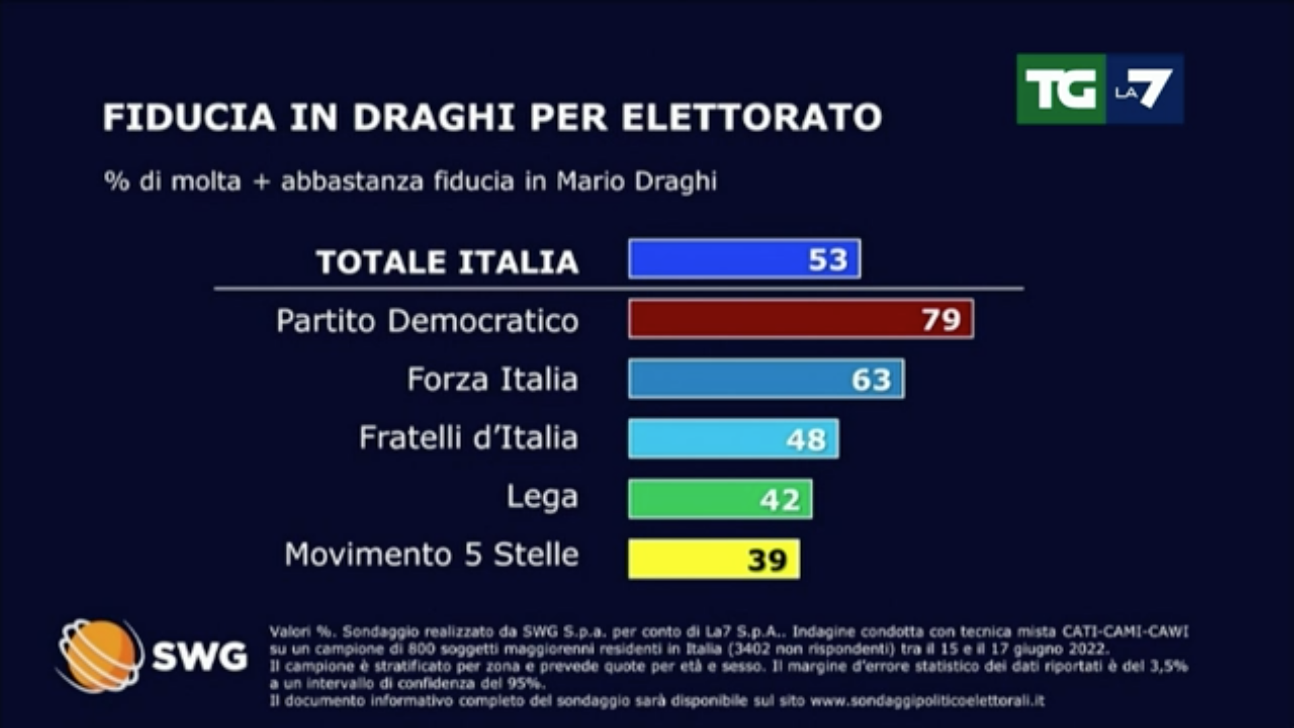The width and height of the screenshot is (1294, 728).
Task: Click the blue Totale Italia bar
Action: tap(715, 259)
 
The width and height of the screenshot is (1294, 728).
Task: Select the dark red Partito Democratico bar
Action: tap(769, 319)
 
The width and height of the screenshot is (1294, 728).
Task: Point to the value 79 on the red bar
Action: tap(941, 320)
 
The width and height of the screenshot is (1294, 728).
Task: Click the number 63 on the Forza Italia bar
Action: tap(871, 380)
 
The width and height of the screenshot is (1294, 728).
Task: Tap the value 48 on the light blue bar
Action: tap(806, 439)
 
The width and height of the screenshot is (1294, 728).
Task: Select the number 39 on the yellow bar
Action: tap(767, 559)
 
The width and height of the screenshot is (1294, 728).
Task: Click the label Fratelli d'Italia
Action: tap(468, 438)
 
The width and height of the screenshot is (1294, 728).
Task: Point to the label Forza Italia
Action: tap(492, 379)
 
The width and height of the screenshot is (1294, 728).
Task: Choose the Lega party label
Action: tap(542, 497)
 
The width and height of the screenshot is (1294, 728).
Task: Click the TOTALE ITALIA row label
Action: tap(447, 262)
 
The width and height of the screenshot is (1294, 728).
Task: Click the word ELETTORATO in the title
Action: tap(751, 117)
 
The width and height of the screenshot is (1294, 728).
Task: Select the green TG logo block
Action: tap(1060, 89)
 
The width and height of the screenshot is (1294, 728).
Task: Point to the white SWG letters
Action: tap(200, 656)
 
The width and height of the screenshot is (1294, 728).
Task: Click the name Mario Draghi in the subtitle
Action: tap(636, 181)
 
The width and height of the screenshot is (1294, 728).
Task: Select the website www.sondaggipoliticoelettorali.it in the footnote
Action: tap(927, 701)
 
